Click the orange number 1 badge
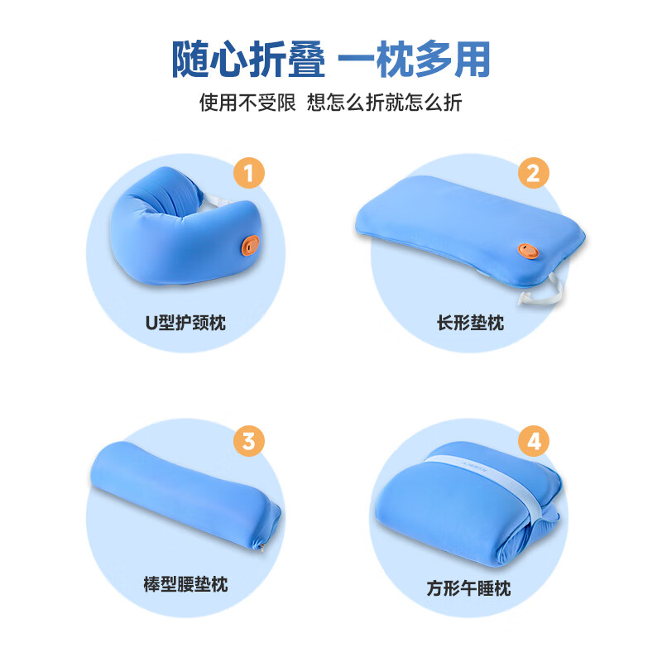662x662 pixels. click(249, 174)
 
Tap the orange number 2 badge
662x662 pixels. click(534, 173)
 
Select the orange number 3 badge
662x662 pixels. click(249, 440)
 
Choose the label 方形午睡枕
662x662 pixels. click(469, 588)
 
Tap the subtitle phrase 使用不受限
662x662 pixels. click(247, 103)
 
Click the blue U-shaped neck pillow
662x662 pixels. click(174, 240)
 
